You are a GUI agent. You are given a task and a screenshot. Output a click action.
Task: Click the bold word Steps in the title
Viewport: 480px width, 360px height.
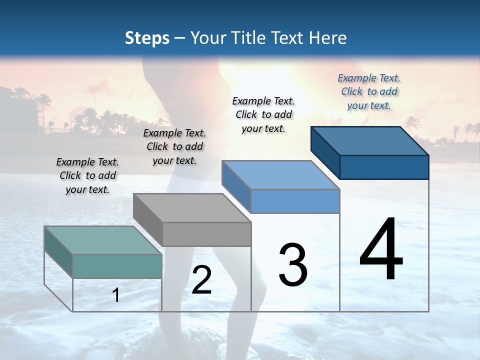(147, 38)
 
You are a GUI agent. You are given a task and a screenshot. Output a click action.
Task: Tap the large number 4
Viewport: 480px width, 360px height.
(381, 249)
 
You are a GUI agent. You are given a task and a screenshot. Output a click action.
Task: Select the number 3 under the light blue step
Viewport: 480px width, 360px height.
(292, 264)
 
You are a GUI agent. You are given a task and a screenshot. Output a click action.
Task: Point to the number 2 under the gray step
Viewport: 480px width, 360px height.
(201, 280)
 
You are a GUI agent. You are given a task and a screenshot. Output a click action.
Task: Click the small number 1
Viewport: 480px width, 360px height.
(116, 295)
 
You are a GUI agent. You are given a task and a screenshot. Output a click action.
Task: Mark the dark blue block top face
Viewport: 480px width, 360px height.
(369, 140)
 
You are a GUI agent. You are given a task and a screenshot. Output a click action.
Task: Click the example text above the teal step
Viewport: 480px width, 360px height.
(87, 175)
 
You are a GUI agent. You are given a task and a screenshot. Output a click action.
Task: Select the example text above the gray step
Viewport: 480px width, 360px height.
(174, 146)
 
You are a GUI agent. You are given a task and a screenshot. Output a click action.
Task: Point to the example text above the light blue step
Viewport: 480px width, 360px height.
(263, 114)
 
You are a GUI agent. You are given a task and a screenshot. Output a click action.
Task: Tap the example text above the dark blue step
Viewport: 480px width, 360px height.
(369, 91)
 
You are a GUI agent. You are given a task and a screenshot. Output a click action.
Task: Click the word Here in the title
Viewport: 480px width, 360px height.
(327, 38)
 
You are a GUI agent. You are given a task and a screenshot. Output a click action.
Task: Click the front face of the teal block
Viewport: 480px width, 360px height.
(117, 266)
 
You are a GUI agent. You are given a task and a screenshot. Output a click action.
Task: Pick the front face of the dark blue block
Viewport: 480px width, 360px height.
(384, 167)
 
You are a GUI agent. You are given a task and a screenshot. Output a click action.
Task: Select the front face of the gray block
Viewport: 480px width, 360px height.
(206, 234)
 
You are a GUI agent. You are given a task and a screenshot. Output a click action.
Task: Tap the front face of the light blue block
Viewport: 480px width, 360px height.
(295, 201)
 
